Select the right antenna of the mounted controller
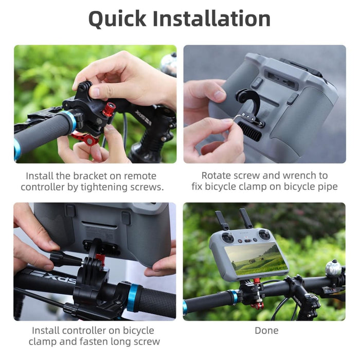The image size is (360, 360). [x=246, y=218]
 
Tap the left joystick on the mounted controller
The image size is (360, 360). [x=228, y=238]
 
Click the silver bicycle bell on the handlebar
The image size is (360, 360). [x=333, y=268]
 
